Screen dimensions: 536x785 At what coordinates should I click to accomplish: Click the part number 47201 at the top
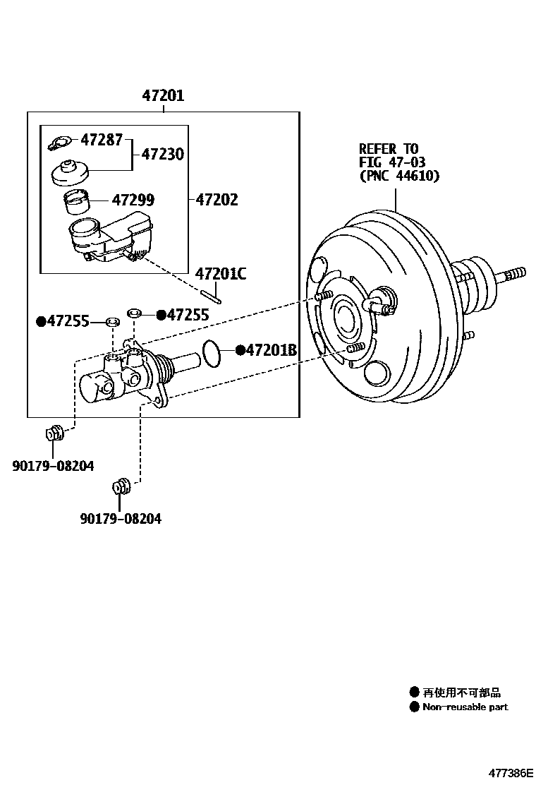(163, 95)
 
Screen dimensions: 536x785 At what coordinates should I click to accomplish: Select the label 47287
(102, 140)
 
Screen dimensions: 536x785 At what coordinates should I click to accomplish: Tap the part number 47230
(162, 154)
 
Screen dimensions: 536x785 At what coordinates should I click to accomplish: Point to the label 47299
(133, 200)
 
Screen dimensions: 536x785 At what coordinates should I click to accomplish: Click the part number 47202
(217, 200)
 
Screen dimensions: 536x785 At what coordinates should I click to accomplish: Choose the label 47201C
(221, 274)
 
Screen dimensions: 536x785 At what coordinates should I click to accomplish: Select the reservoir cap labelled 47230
(71, 172)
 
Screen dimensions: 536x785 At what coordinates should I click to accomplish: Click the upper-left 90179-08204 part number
(53, 466)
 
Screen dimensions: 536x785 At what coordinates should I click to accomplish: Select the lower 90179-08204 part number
(121, 519)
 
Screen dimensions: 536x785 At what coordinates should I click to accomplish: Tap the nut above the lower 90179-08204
(121, 486)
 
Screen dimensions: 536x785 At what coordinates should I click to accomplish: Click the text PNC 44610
(400, 176)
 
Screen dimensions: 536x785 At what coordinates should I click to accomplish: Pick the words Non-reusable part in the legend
(465, 707)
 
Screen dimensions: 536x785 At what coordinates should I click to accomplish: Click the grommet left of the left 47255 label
(113, 321)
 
